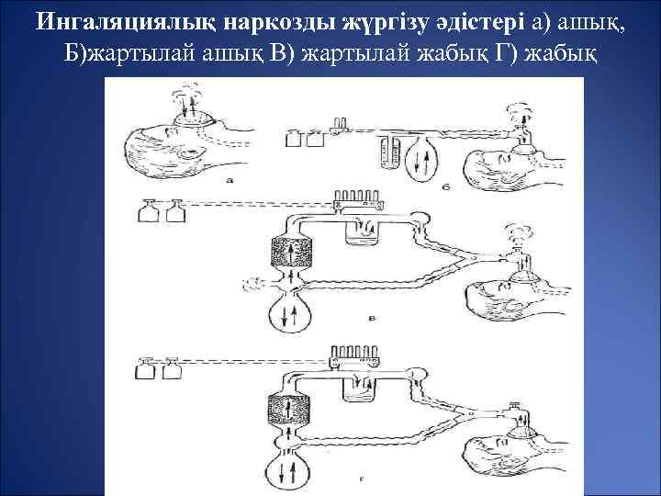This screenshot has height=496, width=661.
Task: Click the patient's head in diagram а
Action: (x=170, y=147)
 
